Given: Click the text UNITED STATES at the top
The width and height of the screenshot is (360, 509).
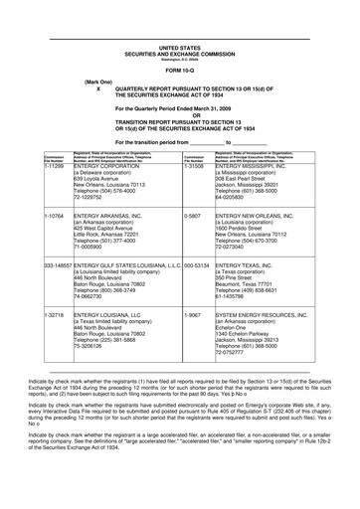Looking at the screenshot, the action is (x=179, y=47).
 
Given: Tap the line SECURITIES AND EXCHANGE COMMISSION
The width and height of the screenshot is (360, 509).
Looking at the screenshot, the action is (x=179, y=53).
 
